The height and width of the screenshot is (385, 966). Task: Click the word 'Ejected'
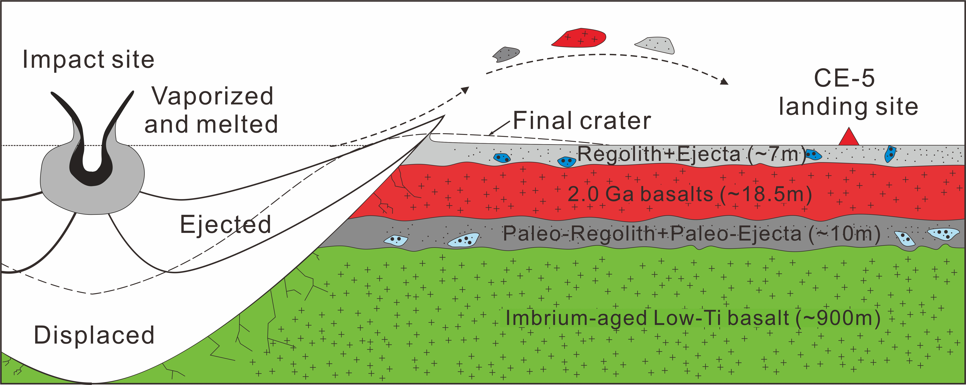point(225,224)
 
